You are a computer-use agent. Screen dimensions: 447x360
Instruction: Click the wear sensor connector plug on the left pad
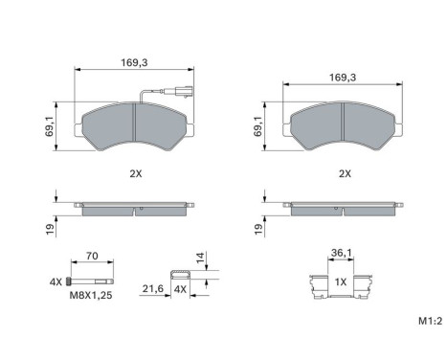(185, 90)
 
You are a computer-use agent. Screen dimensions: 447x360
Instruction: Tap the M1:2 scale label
(431, 321)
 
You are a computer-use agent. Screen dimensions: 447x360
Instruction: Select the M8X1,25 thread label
(91, 296)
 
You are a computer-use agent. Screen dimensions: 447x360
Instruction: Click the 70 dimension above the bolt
(92, 256)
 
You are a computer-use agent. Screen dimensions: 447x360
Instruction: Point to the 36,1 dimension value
(341, 253)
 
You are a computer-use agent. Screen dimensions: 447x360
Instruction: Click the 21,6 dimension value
(152, 289)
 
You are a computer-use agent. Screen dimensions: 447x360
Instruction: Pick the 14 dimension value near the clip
(200, 258)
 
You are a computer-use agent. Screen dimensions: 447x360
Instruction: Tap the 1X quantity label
(341, 282)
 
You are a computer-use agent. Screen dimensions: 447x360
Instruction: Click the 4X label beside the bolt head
(56, 282)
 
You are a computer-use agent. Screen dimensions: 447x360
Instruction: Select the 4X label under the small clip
(180, 289)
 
